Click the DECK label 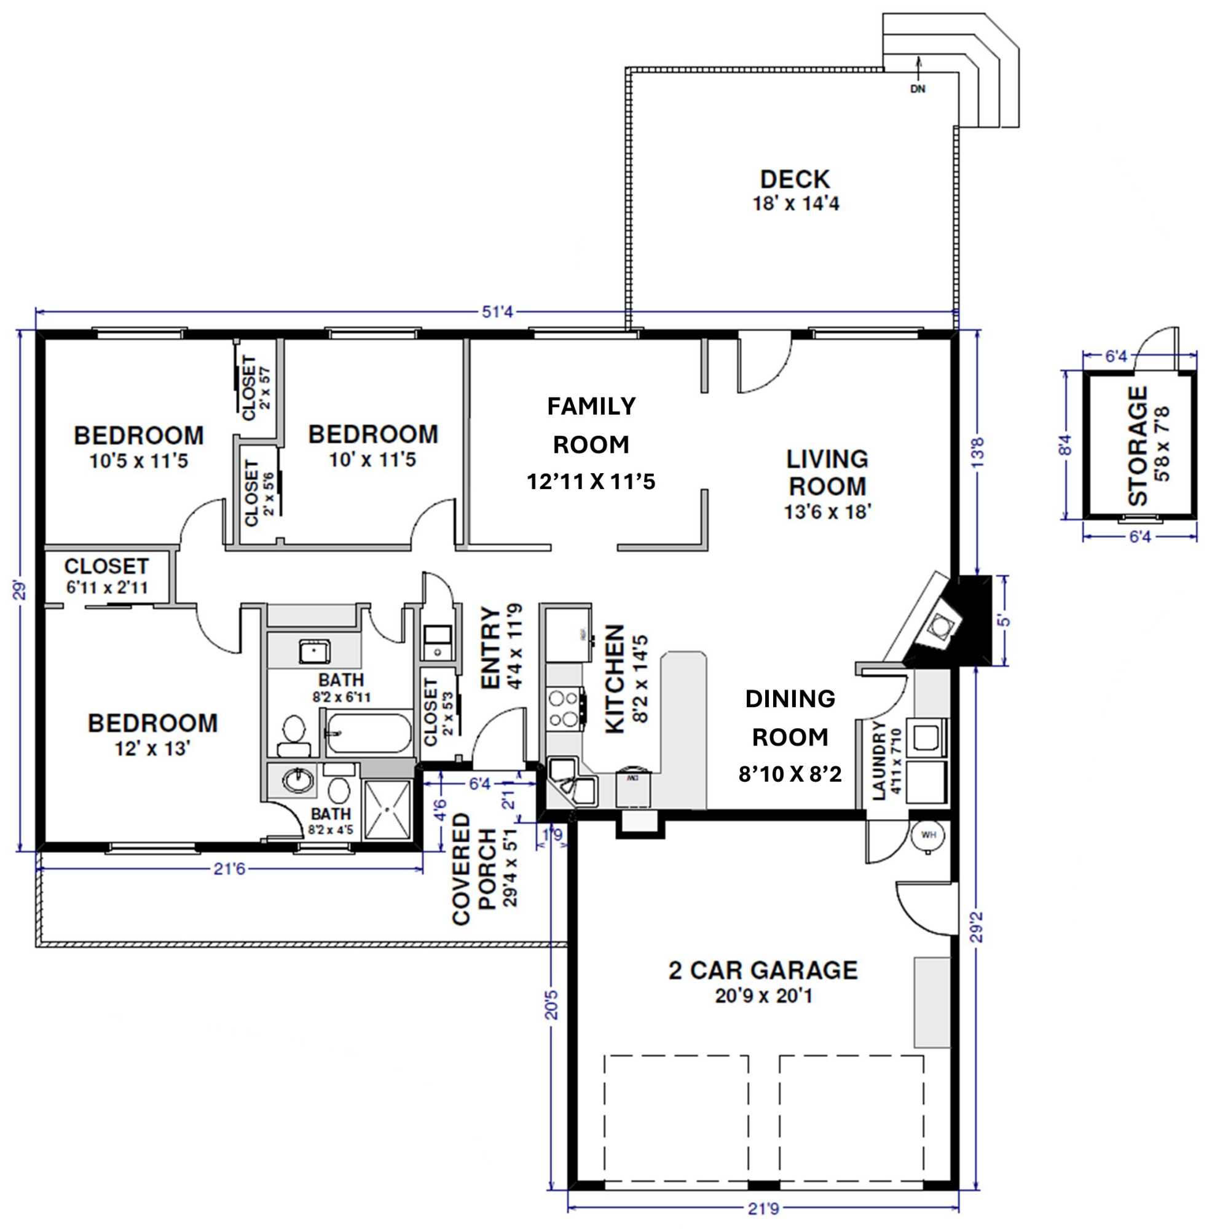point(795,179)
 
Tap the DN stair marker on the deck point(918,89)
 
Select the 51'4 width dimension point(497,312)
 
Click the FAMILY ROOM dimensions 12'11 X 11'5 point(591,482)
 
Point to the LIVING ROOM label point(827,472)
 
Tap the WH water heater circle point(928,834)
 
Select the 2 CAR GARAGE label point(763,970)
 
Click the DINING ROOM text point(790,718)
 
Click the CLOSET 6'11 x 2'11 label point(106,576)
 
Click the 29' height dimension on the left point(20,591)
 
